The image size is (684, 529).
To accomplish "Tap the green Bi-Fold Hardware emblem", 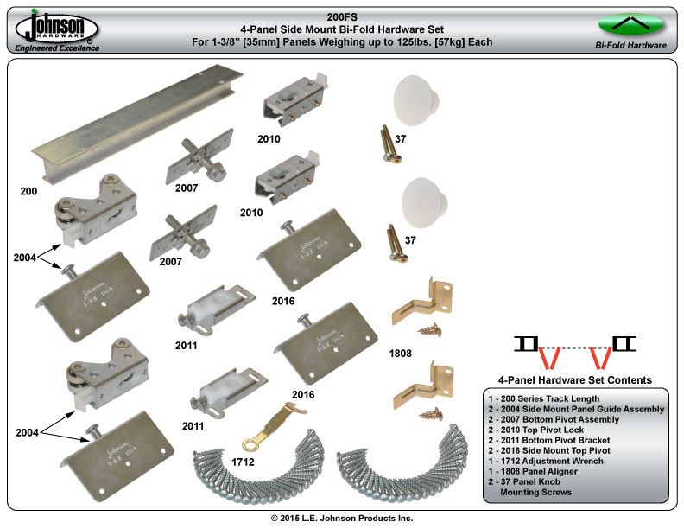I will click(630, 23).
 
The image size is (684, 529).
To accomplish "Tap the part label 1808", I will click(401, 353).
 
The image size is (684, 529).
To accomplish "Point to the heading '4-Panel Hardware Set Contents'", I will click(575, 380).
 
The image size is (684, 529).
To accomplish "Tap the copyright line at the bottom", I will click(342, 518).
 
